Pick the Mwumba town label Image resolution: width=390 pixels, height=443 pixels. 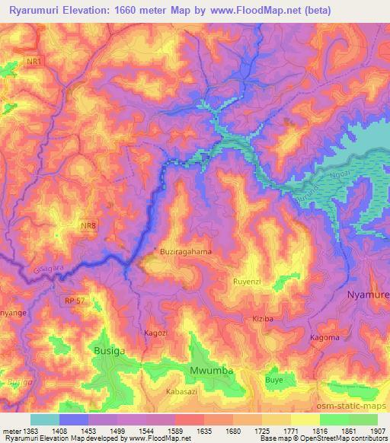(209, 371)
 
